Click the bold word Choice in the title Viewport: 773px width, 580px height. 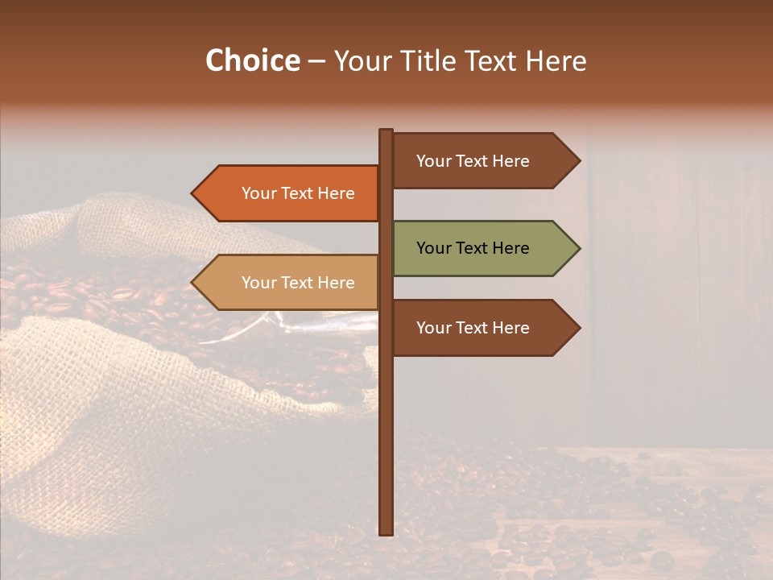tap(252, 61)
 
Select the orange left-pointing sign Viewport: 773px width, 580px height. tap(290, 193)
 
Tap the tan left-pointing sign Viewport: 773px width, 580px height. tap(290, 283)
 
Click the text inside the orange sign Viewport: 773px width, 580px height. tap(298, 193)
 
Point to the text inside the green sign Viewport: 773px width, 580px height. tap(473, 248)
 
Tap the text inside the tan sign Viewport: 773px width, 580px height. tap(298, 283)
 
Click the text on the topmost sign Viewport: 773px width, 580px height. tap(473, 161)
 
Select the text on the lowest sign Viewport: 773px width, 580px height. tap(473, 328)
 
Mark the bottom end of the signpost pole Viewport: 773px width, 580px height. tap(386, 531)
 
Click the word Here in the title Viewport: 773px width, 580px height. tap(556, 61)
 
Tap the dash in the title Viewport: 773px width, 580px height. tap(316, 61)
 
